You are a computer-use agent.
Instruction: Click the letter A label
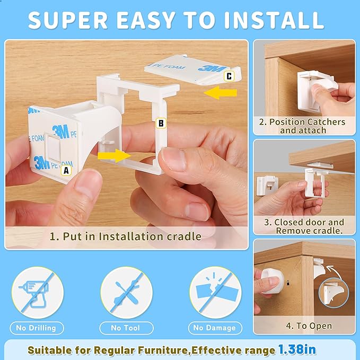click(66, 171)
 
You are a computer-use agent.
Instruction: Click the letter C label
click(229, 76)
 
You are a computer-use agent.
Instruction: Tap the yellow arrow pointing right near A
click(114, 156)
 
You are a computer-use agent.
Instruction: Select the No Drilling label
click(36, 328)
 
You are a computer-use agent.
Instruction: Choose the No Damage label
click(215, 328)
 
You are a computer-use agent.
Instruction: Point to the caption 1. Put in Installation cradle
click(126, 236)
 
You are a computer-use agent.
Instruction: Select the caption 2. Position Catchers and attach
click(302, 126)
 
